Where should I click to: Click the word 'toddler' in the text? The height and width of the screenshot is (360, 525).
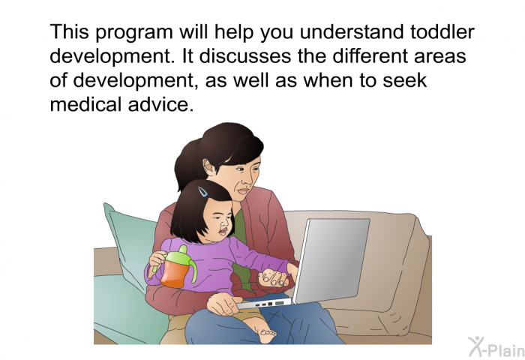pos(442,31)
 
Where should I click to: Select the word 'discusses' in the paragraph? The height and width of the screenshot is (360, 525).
pos(245,56)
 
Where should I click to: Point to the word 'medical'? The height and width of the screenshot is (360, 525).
pos(85,104)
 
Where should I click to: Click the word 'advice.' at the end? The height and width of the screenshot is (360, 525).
pos(160,104)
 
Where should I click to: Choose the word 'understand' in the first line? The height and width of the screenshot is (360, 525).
pos(352,31)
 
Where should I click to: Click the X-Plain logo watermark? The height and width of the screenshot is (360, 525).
pos(496,347)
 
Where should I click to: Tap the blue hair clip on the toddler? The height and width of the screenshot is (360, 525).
pos(202,191)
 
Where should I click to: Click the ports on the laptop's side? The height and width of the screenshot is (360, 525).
pos(270,304)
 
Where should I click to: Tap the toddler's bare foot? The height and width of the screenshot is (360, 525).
pos(266,331)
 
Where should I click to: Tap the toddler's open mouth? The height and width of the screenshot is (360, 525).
pos(222,232)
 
